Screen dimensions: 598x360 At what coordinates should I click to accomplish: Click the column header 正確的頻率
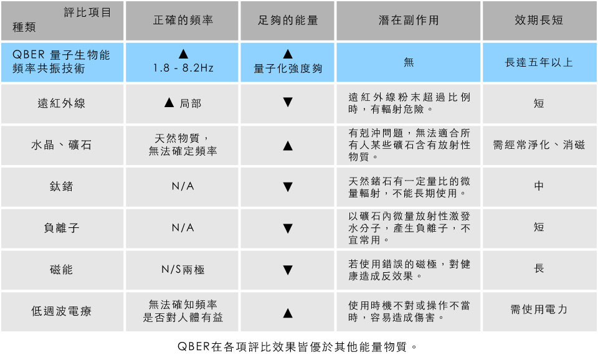click(x=183, y=21)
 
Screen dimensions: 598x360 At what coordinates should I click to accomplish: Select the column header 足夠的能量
click(x=288, y=21)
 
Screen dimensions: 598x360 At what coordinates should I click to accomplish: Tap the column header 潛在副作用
click(x=409, y=21)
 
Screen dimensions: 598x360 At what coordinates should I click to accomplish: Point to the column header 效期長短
click(x=539, y=21)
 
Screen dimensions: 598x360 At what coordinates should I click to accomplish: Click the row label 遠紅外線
click(x=62, y=103)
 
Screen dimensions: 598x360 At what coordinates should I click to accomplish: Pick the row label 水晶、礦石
click(x=62, y=146)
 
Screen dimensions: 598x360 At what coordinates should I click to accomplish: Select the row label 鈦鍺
click(x=62, y=187)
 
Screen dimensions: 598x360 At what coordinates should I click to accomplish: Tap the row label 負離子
click(x=62, y=228)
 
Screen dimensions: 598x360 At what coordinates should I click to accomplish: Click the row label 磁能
click(x=62, y=270)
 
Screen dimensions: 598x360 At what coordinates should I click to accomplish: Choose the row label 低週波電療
click(x=62, y=311)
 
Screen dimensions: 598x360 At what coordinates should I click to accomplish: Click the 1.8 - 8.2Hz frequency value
click(x=183, y=69)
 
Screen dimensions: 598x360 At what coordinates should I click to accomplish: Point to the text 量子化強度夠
click(x=288, y=69)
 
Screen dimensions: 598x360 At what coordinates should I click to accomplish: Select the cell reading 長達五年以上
click(x=539, y=62)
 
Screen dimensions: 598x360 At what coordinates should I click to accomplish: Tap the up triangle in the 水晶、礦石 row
click(x=288, y=146)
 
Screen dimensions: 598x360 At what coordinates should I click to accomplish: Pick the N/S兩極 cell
click(x=183, y=270)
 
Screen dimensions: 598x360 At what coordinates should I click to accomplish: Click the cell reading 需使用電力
click(x=539, y=310)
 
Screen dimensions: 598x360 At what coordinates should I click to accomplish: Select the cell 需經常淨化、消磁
click(x=539, y=146)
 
